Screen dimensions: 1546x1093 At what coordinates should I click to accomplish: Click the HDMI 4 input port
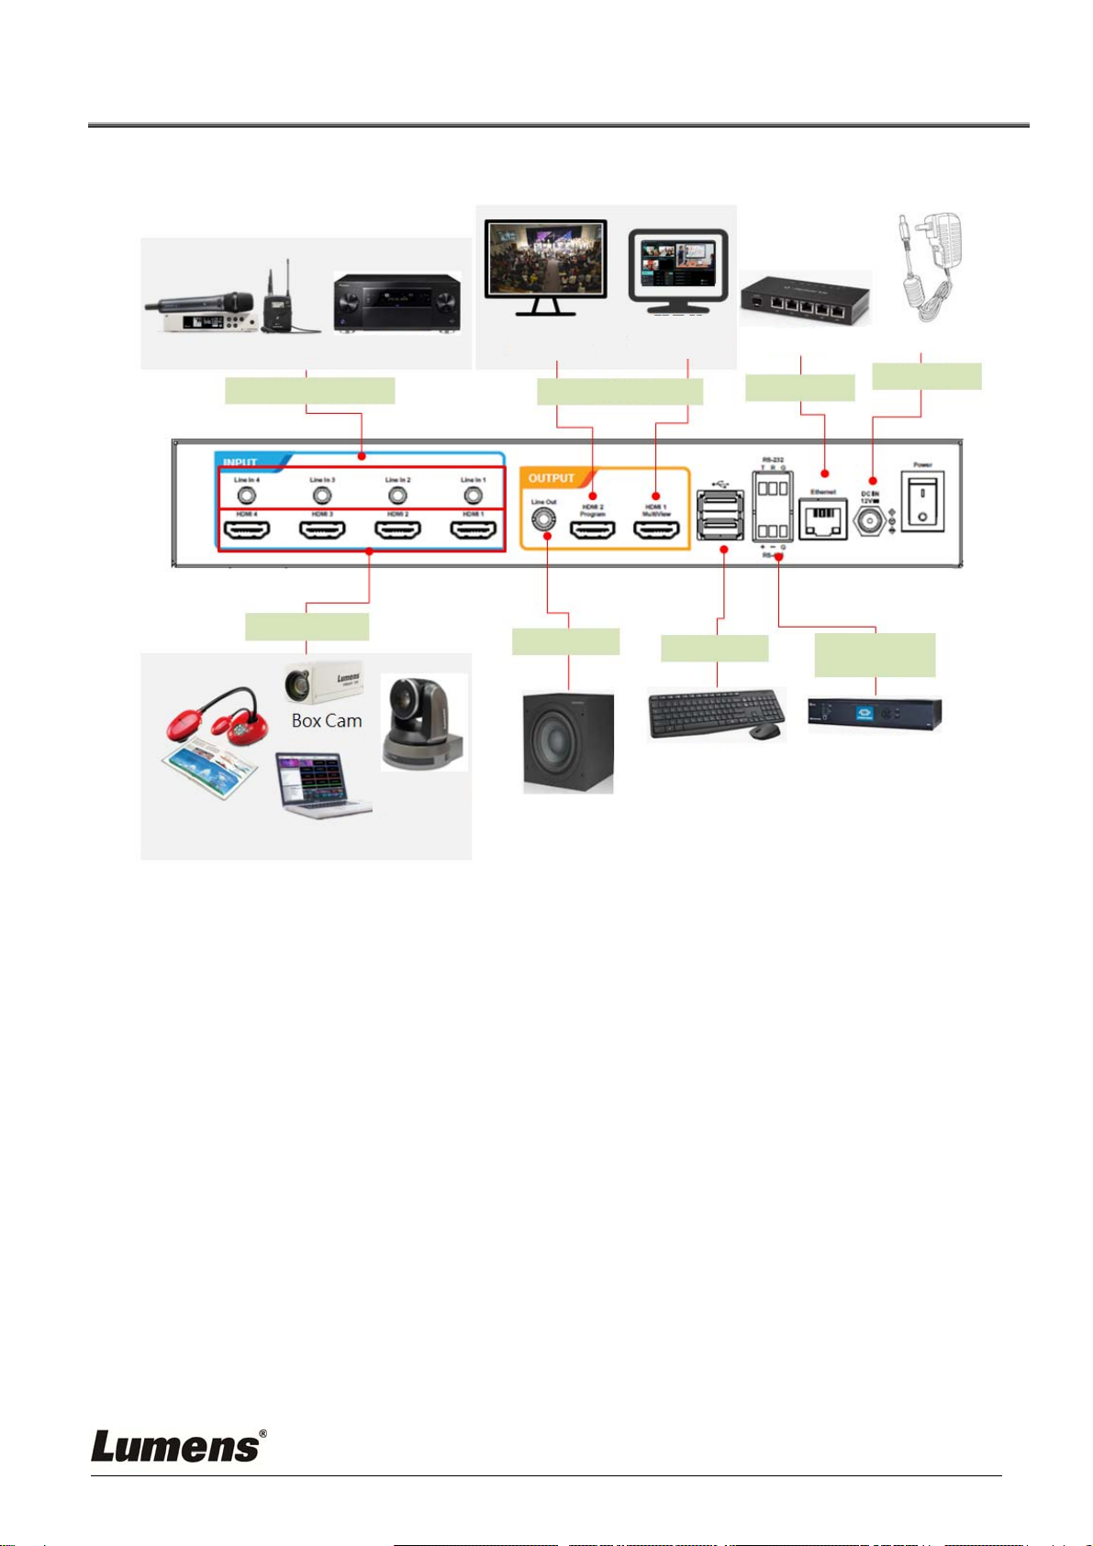coord(247,530)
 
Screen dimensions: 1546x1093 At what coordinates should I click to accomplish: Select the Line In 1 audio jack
coord(473,495)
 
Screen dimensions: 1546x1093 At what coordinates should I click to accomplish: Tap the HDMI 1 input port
coord(473,530)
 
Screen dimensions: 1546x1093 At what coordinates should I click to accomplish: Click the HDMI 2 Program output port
coord(592,530)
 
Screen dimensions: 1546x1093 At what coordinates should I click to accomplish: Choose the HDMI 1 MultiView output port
coord(656,530)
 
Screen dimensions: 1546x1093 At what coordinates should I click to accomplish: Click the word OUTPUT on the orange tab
coord(551,478)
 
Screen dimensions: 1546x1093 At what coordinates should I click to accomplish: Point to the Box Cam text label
coord(327,721)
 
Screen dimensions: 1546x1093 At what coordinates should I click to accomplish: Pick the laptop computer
coord(324,785)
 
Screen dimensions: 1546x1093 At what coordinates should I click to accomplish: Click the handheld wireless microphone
coord(197,303)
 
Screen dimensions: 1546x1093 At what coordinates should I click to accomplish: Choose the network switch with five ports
coord(806,298)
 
